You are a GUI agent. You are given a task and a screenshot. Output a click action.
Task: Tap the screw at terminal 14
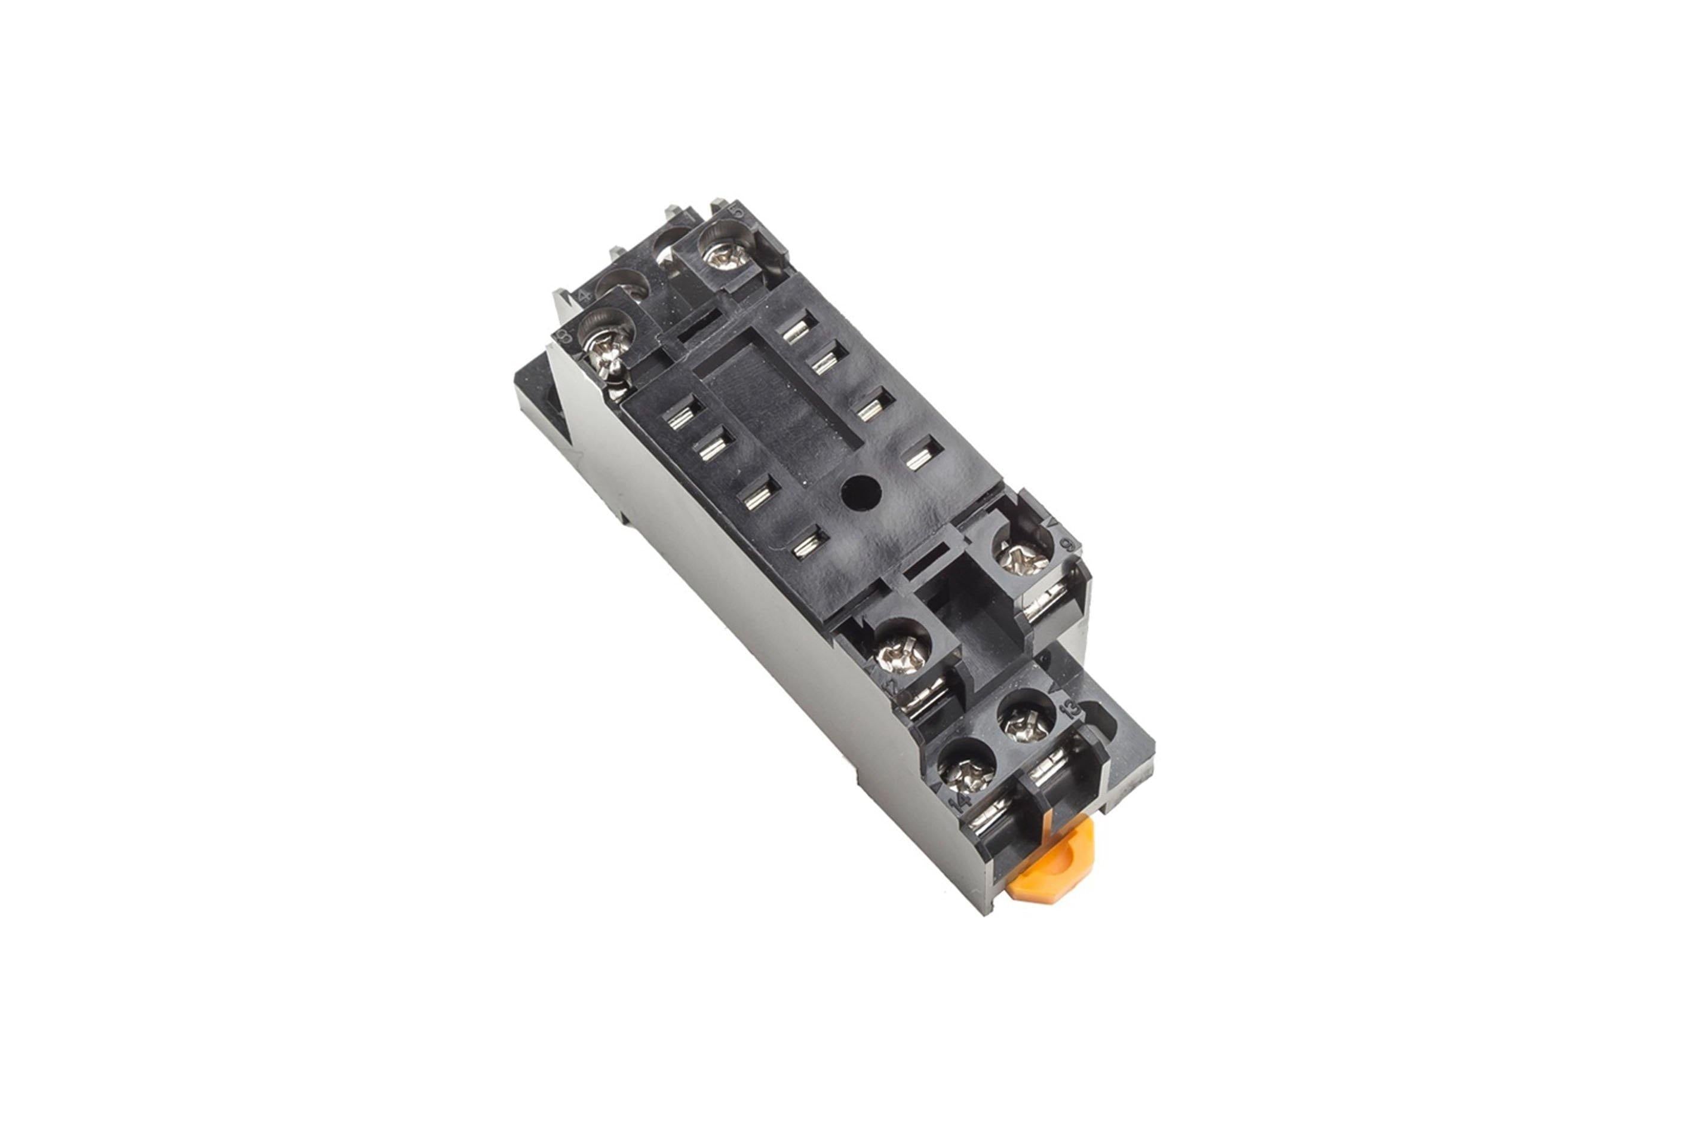click(965, 772)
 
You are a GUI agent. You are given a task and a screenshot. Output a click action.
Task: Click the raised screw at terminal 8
click(606, 352)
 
